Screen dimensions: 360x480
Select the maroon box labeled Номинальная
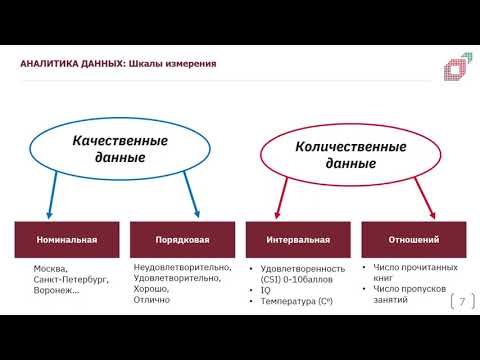tap(66, 240)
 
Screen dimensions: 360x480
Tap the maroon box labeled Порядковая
tap(182, 240)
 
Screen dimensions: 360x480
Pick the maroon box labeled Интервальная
tap(298, 240)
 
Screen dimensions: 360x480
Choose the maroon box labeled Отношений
tap(413, 240)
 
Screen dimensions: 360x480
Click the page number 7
tap(462, 301)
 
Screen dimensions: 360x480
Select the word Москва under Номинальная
tap(50, 269)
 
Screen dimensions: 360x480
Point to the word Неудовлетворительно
tap(182, 267)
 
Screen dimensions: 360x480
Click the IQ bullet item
tap(267, 290)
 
